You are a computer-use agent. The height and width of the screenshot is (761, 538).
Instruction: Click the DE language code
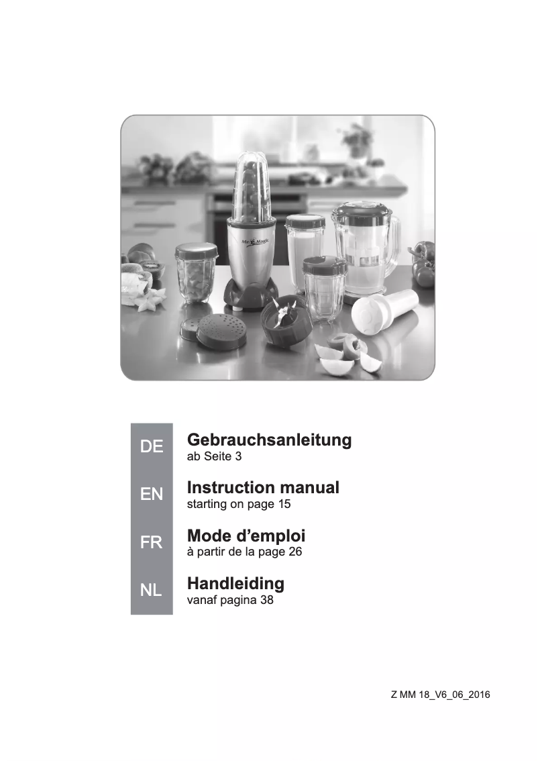coord(152,447)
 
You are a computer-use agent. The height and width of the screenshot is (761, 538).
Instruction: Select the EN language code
coord(152,495)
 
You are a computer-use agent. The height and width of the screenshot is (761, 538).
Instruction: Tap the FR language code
coord(152,543)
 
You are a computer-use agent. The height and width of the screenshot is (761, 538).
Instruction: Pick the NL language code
coord(152,591)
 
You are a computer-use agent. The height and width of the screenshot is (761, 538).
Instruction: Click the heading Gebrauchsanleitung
coord(269,440)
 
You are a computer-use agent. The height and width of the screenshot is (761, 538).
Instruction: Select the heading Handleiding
coord(235,582)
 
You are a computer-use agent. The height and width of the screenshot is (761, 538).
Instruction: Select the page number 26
coord(294,552)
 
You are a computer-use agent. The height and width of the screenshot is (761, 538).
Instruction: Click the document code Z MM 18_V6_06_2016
coord(440,695)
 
